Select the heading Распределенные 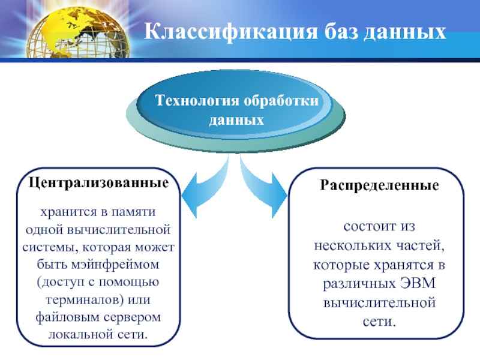(x=379, y=186)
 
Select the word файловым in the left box (x=64, y=316)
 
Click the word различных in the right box (x=359, y=284)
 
